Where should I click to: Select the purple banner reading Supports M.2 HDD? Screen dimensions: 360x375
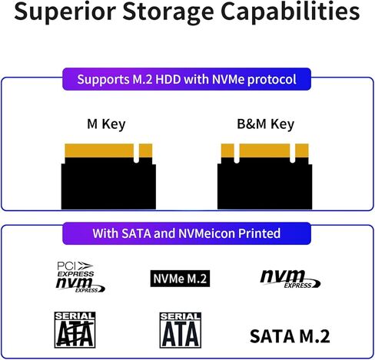[x=187, y=79]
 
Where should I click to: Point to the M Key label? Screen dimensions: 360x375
[x=106, y=124]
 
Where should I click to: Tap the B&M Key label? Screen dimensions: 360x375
[x=266, y=124]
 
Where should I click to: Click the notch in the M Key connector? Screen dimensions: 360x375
[x=136, y=154]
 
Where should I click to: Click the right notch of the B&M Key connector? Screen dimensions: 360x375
[x=293, y=153]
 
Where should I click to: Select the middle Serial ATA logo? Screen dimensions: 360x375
[x=179, y=330]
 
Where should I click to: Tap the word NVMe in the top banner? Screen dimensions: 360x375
[x=243, y=79]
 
